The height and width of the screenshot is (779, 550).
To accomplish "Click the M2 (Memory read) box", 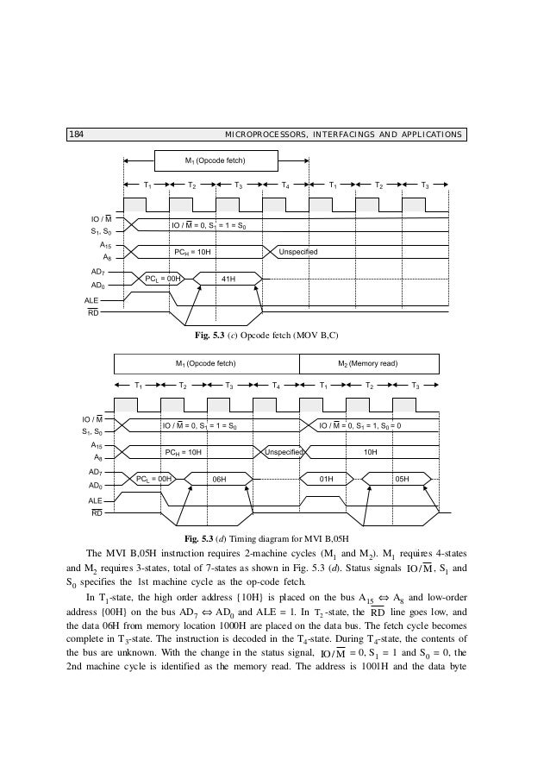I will [373, 363].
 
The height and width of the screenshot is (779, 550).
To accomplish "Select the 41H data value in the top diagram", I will [228, 279].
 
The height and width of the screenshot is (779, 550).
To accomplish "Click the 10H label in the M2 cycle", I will [372, 450].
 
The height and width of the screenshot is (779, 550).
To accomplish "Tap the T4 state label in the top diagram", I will [285, 185].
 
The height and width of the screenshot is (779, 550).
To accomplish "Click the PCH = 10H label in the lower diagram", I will [183, 450].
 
